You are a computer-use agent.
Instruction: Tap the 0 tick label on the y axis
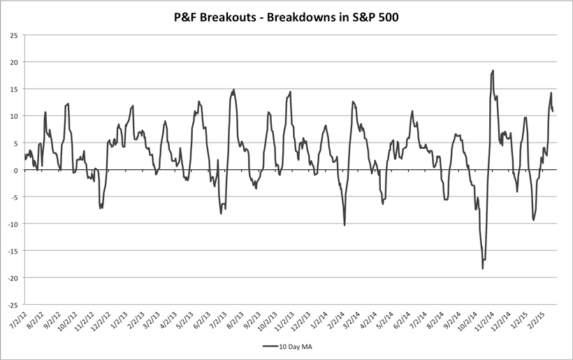point(16,170)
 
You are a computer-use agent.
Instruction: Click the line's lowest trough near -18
point(482,268)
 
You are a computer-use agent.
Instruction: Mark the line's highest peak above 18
point(493,71)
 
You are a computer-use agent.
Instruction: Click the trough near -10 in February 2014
point(344,224)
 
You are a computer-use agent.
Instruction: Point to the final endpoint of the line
point(553,111)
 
